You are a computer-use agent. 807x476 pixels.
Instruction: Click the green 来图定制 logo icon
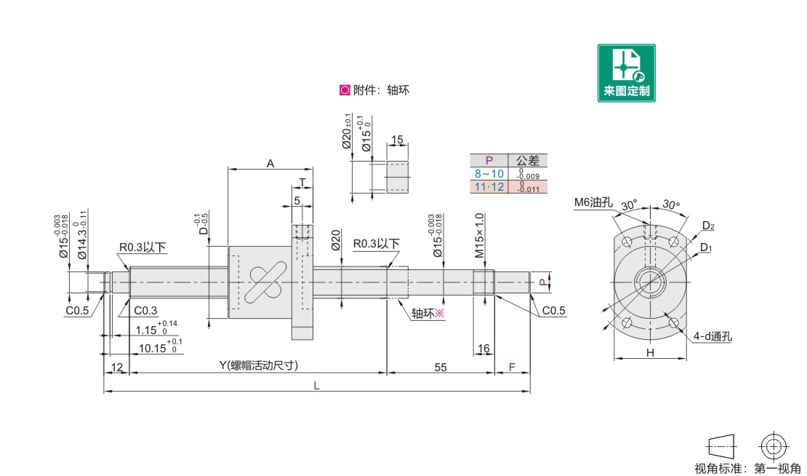(627, 73)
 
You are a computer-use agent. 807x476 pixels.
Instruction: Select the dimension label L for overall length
(316, 385)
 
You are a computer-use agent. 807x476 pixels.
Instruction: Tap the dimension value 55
(441, 368)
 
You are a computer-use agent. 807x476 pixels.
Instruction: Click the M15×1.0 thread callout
(479, 235)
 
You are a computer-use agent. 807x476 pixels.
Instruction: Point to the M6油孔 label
(593, 202)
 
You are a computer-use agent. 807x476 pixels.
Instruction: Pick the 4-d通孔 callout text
(712, 336)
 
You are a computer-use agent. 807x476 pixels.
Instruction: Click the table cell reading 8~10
(489, 174)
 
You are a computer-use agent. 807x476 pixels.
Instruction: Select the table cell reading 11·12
(489, 186)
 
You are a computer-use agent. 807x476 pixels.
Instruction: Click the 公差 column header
(528, 160)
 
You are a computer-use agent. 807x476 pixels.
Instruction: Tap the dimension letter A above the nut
(270, 164)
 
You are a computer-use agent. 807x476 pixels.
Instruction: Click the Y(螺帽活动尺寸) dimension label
(258, 365)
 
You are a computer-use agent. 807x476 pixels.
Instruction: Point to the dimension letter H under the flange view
(650, 353)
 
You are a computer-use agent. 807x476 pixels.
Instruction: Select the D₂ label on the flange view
(708, 226)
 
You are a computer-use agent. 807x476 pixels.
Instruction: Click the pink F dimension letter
(512, 368)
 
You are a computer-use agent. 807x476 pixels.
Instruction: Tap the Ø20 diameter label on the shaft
(336, 240)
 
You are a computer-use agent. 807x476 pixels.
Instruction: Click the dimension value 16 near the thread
(483, 349)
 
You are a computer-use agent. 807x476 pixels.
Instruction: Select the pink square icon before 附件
(345, 90)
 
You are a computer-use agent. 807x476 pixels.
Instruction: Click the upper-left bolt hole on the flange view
(627, 242)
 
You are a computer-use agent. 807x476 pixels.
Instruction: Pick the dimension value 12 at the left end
(117, 368)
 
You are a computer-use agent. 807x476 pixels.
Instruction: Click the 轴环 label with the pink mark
(427, 313)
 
